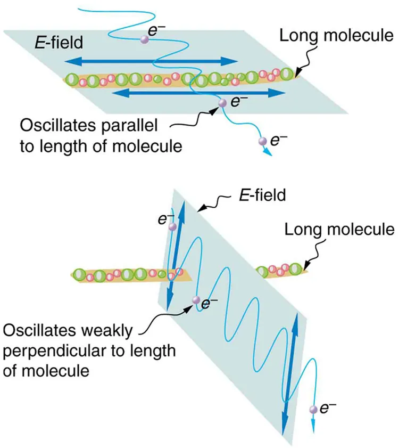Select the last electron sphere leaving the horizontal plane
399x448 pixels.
click(261, 141)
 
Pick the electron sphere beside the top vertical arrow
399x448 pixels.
click(172, 227)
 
